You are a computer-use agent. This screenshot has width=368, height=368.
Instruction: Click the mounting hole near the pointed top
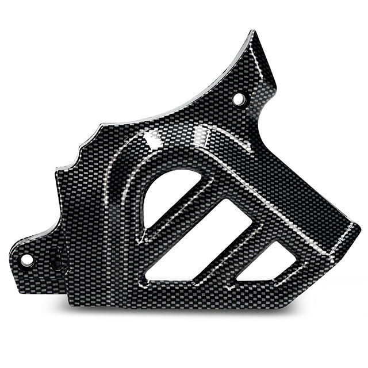239,99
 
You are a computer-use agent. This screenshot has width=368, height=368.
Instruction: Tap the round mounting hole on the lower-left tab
26,260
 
